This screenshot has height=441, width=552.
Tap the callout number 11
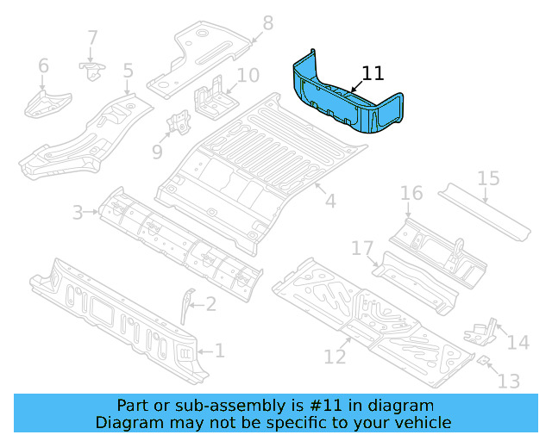click(x=373, y=73)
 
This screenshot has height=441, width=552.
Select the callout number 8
click(x=267, y=23)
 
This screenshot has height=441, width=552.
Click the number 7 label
click(x=92, y=38)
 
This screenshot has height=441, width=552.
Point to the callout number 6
click(x=43, y=65)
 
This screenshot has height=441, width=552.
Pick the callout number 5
click(x=128, y=71)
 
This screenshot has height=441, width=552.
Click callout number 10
click(x=248, y=76)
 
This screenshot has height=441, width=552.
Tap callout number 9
click(x=157, y=152)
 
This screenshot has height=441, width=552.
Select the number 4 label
click(x=329, y=202)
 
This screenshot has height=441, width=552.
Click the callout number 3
click(x=78, y=212)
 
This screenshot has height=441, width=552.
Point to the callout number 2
click(x=210, y=303)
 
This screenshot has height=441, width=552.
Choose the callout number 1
click(x=219, y=351)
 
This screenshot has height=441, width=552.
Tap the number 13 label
click(x=510, y=380)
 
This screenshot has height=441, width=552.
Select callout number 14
click(x=517, y=343)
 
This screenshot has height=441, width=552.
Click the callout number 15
click(x=488, y=179)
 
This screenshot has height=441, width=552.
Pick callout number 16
click(x=411, y=193)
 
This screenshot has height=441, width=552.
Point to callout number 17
click(x=362, y=249)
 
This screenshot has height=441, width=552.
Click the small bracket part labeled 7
click(x=91, y=69)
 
